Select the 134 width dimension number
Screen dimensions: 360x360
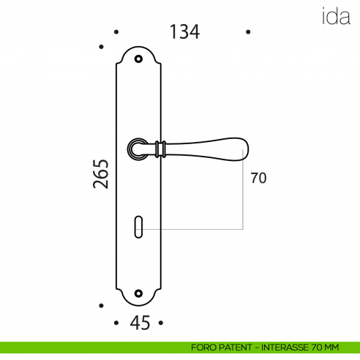tap(184, 32)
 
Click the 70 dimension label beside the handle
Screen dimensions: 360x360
tap(258, 179)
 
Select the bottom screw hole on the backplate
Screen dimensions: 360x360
tap(139, 295)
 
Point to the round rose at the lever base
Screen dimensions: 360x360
tap(138, 149)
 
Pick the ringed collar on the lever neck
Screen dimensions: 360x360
tap(163, 148)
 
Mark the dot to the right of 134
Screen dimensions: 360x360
tap(249, 32)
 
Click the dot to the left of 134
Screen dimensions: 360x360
tap(116, 32)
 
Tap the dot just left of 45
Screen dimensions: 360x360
tap(116, 323)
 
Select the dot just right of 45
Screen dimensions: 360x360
tap(161, 323)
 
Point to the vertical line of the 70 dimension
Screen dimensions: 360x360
tap(244, 194)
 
